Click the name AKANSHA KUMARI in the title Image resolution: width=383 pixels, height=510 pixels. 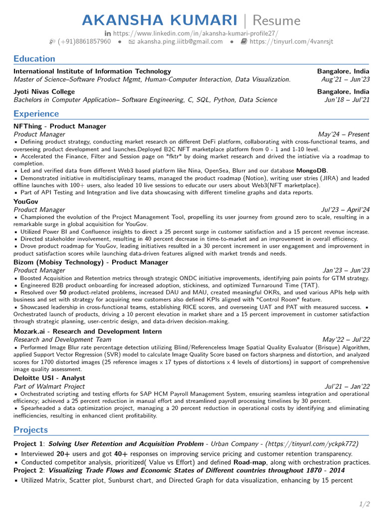[x=160, y=20]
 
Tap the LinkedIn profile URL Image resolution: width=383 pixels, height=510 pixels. [x=195, y=33]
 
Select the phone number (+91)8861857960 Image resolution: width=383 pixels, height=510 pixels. [x=84, y=41]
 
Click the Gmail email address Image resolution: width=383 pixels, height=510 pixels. [x=180, y=41]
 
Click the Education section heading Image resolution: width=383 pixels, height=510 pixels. [x=34, y=58]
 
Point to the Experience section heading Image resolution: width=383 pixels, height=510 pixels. [x=36, y=114]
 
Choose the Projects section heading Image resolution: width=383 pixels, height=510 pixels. [x=31, y=429]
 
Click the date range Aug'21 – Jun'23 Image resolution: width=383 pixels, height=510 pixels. [x=346, y=79]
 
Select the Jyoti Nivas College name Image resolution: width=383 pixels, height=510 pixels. [x=44, y=92]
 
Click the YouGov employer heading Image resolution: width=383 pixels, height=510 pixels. [x=26, y=202]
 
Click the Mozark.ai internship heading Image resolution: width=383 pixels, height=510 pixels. [x=88, y=331]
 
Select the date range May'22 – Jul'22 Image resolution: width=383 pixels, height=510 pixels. [x=346, y=339]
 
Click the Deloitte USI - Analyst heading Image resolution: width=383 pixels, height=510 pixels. [x=49, y=378]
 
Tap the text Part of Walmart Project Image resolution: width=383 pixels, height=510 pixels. [x=49, y=386]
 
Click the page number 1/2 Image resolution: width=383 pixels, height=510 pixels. [x=365, y=504]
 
